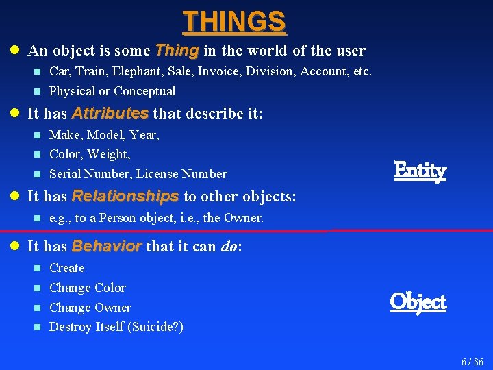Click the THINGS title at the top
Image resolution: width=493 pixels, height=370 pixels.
click(234, 21)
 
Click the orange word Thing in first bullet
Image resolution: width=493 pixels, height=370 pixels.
click(177, 50)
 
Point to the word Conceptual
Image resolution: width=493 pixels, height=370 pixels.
click(144, 91)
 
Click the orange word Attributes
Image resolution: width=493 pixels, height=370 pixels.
click(110, 113)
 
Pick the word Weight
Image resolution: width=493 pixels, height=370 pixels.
click(108, 154)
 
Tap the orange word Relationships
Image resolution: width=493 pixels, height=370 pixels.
click(125, 197)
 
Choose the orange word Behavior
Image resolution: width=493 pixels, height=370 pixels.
click(107, 246)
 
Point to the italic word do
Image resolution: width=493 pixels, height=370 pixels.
click(229, 246)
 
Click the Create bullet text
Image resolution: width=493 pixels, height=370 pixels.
click(67, 268)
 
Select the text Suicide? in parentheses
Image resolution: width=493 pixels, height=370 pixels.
click(155, 327)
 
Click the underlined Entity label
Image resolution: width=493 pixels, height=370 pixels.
click(420, 171)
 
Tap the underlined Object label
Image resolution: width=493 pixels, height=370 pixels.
click(418, 302)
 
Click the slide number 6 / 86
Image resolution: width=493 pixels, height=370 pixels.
click(472, 362)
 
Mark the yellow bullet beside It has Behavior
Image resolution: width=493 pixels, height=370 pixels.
click(14, 246)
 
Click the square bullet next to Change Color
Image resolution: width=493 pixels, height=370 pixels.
click(38, 288)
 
